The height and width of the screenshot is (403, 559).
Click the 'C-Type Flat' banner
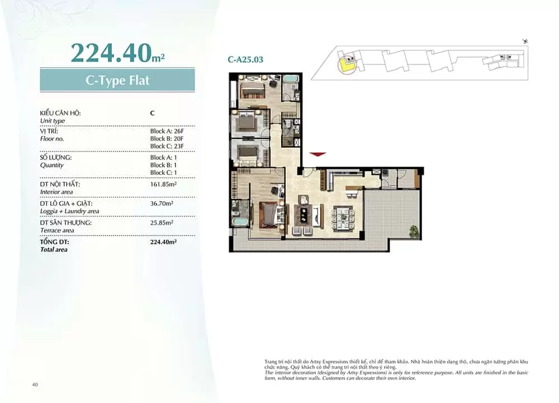[117, 80]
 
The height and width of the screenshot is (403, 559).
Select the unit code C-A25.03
[245, 59]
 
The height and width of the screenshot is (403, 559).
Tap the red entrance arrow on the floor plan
[318, 154]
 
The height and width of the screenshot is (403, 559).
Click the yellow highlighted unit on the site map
[345, 66]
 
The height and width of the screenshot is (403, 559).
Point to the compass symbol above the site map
[525, 41]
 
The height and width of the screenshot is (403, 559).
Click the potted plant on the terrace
[414, 231]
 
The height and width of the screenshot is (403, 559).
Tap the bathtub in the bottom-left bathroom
[240, 221]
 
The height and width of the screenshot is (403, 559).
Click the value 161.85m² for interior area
[163, 184]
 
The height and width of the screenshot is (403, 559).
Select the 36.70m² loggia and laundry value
[162, 203]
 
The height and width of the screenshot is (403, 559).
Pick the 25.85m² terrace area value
[162, 222]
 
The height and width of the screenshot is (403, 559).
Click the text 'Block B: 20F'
[167, 139]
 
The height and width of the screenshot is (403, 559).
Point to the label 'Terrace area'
[57, 230]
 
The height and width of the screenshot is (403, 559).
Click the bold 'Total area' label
[54, 250]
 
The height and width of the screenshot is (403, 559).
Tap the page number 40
[35, 385]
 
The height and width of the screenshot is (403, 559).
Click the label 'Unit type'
[53, 121]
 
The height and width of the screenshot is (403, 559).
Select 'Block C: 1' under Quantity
[163, 173]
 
